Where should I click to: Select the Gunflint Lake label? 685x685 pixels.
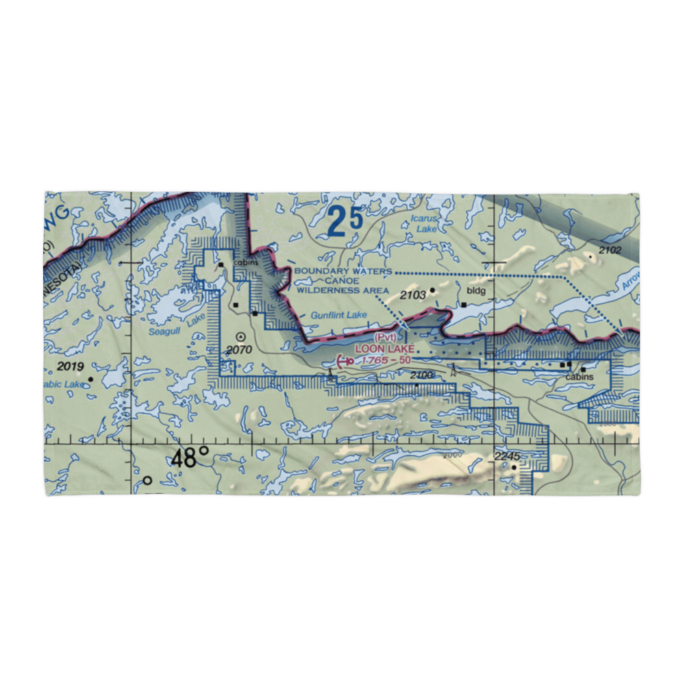pyautogui.click(x=338, y=315)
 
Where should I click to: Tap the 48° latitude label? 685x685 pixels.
pyautogui.click(x=190, y=458)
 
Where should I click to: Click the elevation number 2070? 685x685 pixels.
pyautogui.click(x=240, y=350)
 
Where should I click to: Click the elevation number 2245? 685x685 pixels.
pyautogui.click(x=508, y=457)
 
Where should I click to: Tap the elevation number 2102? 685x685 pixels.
pyautogui.click(x=609, y=251)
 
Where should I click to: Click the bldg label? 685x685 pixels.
pyautogui.click(x=475, y=290)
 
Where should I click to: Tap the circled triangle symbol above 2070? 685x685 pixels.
pyautogui.click(x=241, y=336)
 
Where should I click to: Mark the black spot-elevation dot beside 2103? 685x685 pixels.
pyautogui.click(x=433, y=290)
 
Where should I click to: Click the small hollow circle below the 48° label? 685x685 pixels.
pyautogui.click(x=147, y=481)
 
